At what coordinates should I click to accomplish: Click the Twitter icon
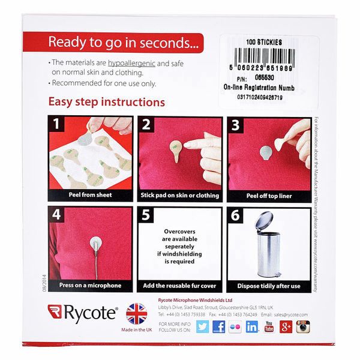(202, 327)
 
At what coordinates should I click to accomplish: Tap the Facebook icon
(219, 327)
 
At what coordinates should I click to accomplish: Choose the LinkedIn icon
(253, 327)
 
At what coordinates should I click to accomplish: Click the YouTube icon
(269, 327)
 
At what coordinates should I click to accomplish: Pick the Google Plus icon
(286, 327)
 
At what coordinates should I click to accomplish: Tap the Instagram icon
(304, 327)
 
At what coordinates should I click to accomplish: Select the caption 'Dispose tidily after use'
(268, 286)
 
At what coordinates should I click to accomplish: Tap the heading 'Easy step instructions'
(106, 102)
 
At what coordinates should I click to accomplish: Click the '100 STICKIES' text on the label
(264, 43)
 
